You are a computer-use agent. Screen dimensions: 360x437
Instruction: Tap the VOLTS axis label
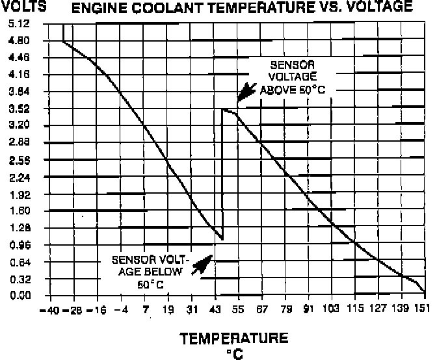(20, 8)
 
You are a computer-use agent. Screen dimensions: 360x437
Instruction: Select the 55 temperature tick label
(239, 309)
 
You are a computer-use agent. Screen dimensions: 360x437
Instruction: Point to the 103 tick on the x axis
(332, 309)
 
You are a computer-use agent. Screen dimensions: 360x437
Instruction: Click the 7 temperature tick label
(146, 309)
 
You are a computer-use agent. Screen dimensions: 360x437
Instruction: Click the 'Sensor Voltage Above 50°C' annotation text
(292, 78)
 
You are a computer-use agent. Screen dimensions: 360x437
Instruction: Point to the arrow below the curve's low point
(204, 263)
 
